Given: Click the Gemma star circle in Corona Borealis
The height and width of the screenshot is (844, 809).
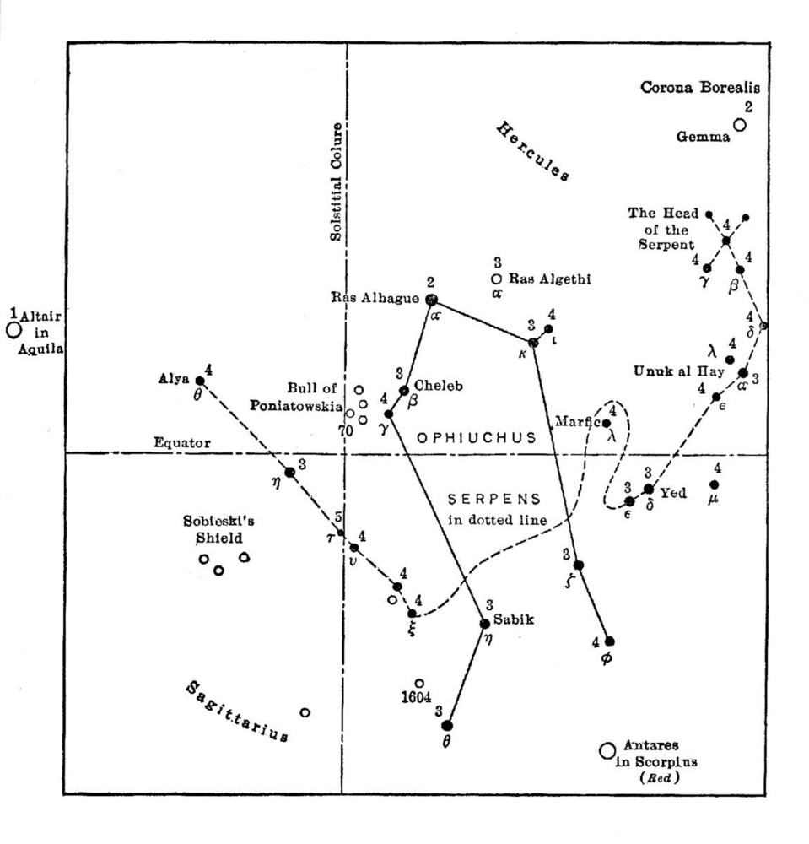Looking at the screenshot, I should pyautogui.click(x=739, y=125).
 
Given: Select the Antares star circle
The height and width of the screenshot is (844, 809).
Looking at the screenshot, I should pyautogui.click(x=606, y=750).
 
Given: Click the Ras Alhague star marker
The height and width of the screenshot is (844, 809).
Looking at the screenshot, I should pyautogui.click(x=432, y=300).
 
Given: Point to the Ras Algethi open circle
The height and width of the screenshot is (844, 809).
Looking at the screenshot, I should pyautogui.click(x=496, y=279).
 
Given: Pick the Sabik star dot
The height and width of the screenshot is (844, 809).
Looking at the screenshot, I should pyautogui.click(x=484, y=624).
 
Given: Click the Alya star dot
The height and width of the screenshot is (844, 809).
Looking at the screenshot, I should pyautogui.click(x=200, y=381).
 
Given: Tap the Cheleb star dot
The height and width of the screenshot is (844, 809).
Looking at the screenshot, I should pyautogui.click(x=404, y=390).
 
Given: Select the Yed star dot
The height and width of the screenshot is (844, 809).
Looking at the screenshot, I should pyautogui.click(x=649, y=489).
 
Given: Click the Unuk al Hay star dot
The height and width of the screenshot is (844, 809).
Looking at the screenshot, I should pyautogui.click(x=743, y=372).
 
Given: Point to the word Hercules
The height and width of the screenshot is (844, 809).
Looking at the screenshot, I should pyautogui.click(x=532, y=152).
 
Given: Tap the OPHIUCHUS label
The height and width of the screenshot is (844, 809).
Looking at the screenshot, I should pyautogui.click(x=477, y=437).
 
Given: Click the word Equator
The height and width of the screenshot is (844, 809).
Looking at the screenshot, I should pyautogui.click(x=181, y=442).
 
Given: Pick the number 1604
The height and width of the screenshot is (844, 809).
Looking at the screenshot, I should pyautogui.click(x=418, y=698).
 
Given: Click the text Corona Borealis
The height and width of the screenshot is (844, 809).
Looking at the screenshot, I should pyautogui.click(x=700, y=87).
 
